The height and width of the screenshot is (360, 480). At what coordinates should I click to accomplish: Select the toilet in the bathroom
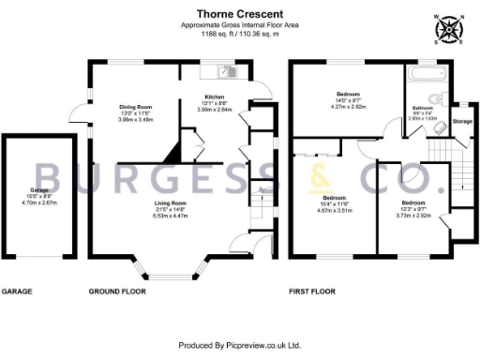click(x=435, y=100)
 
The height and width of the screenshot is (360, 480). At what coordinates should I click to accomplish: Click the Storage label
click(x=461, y=121)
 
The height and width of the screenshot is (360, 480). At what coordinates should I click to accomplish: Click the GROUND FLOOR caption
click(x=119, y=292)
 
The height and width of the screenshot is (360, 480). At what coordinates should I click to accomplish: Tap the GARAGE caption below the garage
click(x=17, y=292)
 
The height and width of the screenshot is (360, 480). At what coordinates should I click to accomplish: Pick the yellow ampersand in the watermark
click(x=318, y=177)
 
